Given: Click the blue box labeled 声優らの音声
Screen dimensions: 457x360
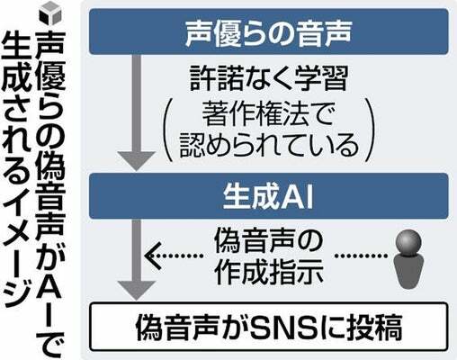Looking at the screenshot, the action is (269, 31).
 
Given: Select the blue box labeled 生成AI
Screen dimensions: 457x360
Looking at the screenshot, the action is (269, 196).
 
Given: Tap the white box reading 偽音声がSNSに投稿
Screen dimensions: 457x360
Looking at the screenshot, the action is (269, 327).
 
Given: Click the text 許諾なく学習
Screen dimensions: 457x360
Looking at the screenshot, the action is (269, 78).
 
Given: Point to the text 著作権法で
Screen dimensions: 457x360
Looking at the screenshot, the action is (267, 114).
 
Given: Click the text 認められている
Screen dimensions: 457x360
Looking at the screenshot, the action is (269, 145).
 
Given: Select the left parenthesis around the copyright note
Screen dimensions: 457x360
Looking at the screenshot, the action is (168, 130).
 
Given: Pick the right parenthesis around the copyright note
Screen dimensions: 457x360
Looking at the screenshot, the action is (370, 130).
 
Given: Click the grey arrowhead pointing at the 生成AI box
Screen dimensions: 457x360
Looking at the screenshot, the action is (137, 161).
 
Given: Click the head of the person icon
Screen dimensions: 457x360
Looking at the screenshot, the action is (408, 241).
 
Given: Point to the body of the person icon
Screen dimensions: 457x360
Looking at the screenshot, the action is (408, 272).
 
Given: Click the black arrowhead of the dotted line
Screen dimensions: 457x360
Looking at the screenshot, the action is (152, 256).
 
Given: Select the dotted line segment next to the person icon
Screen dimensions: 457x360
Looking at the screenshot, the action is (361, 256).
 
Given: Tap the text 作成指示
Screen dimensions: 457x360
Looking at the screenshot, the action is (269, 273).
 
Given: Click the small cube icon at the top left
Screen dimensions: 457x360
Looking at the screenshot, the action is (49, 13).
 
